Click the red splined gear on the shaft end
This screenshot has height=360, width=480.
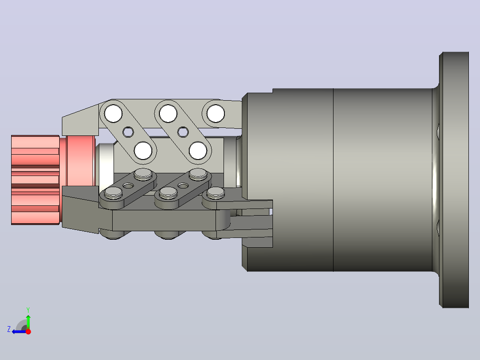point(35,180)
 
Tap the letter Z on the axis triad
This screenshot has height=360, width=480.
point(9,329)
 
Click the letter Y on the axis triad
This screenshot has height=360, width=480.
point(28,310)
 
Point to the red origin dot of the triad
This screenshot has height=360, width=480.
point(28,331)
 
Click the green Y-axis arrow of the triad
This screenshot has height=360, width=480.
point(28,322)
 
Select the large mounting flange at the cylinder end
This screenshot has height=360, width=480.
point(454,180)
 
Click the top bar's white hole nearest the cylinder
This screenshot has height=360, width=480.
point(216,113)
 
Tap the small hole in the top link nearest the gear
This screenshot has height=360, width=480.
point(128,132)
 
